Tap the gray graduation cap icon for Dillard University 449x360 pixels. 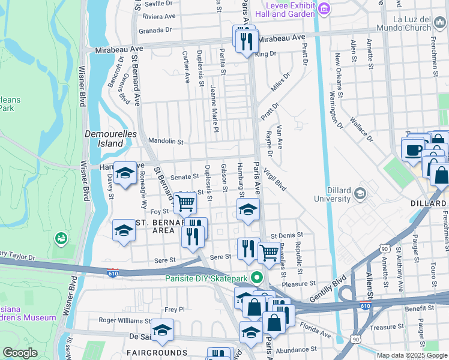point(360,193)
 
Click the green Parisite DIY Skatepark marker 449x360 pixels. point(258,278)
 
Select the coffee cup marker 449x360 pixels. point(413,149)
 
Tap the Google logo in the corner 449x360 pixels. point(20,353)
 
